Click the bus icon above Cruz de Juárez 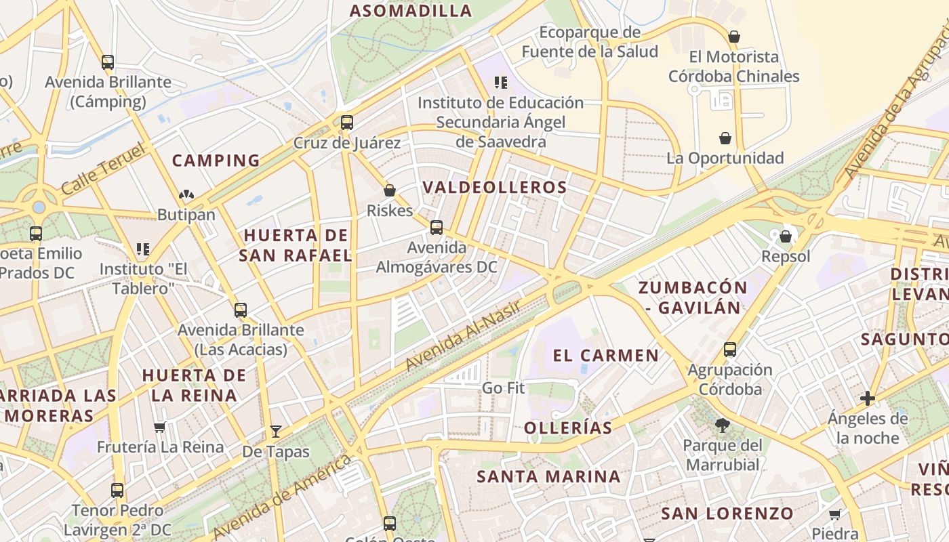[347, 123]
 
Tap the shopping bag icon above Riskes [390, 190]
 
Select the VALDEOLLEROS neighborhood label [494, 188]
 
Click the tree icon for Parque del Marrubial [723, 425]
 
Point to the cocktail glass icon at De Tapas [275, 432]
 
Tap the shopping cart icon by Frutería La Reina [160, 427]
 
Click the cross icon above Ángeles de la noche [867, 398]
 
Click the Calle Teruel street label [103, 169]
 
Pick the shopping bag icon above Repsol [785, 236]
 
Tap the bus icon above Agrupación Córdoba [730, 350]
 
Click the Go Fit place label [503, 388]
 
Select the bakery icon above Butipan [186, 195]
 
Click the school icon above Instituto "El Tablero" [142, 249]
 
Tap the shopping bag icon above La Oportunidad [725, 138]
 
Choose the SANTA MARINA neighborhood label [548, 476]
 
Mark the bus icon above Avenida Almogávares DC [437, 228]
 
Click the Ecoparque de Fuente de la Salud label [590, 42]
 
